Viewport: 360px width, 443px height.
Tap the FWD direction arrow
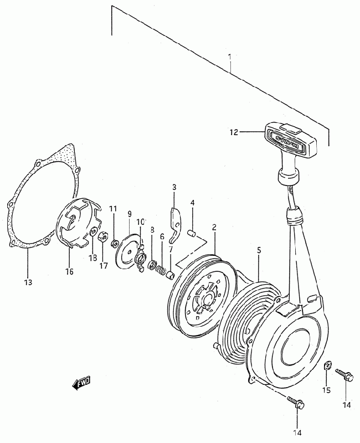(x=81, y=383)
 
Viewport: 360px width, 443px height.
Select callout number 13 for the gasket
(x=28, y=282)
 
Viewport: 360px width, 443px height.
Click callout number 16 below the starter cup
(x=69, y=271)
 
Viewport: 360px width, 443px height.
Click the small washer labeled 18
(x=92, y=232)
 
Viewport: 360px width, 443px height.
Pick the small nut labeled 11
(x=115, y=243)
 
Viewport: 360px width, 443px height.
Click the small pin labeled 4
(x=192, y=233)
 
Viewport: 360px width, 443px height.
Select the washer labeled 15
(x=327, y=365)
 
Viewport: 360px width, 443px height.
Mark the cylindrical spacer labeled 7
(x=170, y=275)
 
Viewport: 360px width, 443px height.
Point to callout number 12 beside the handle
(x=234, y=132)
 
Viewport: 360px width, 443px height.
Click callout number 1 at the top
(x=230, y=57)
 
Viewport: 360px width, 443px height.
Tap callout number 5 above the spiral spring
(x=259, y=250)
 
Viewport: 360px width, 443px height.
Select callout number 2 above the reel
(x=214, y=227)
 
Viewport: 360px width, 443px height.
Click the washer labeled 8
(x=152, y=265)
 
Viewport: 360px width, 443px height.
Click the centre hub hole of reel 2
(x=208, y=299)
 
